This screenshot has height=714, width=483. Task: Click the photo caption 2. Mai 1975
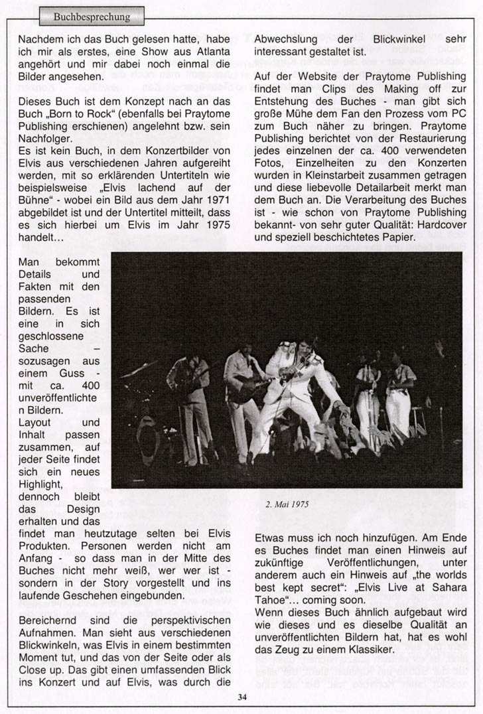click(x=287, y=502)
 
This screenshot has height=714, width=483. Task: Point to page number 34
click(x=241, y=696)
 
